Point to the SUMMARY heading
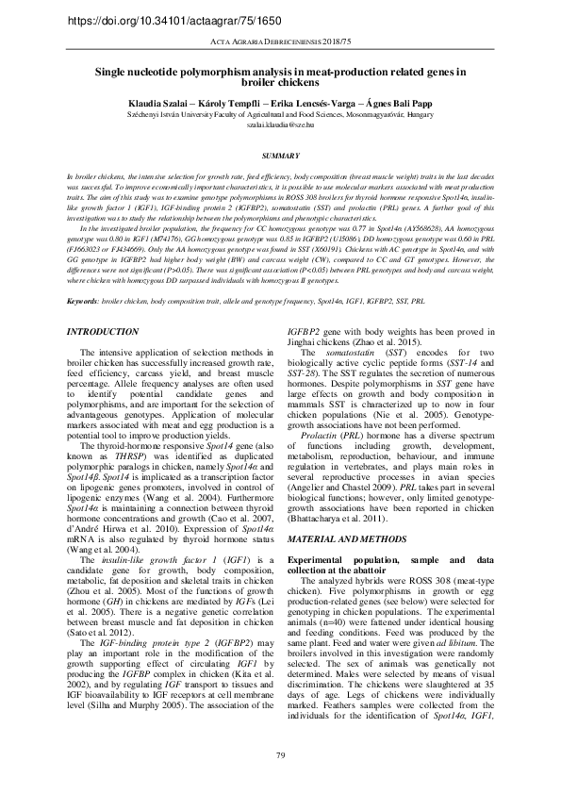pyautogui.click(x=280, y=154)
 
